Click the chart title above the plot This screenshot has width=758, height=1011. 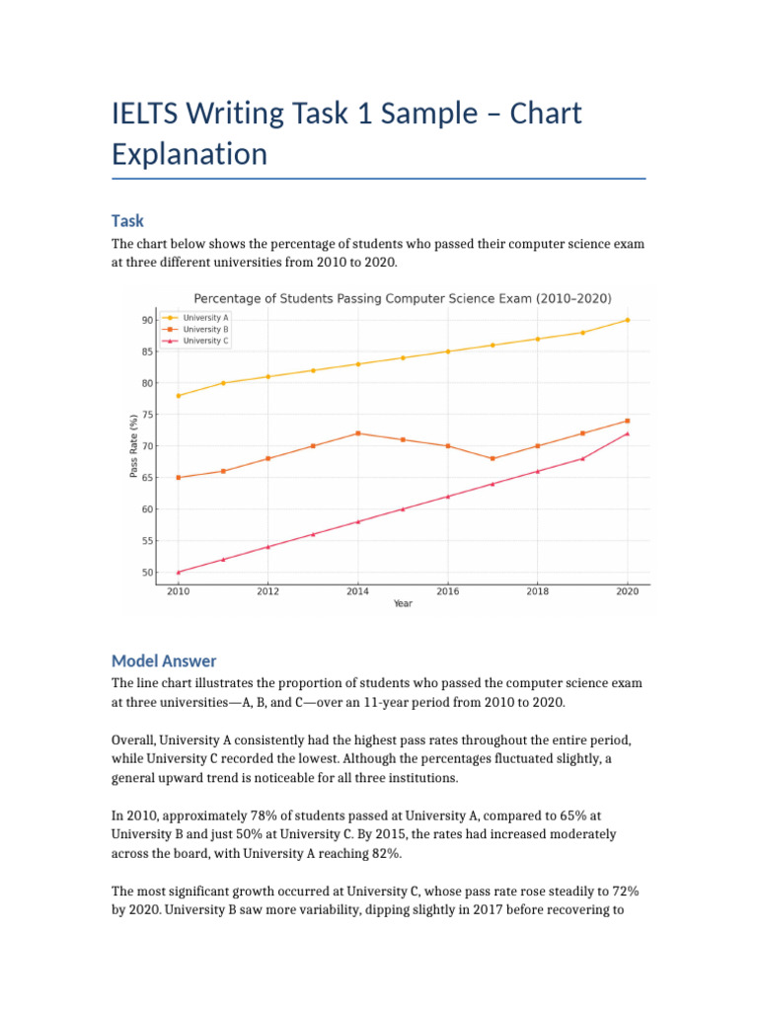pyautogui.click(x=402, y=298)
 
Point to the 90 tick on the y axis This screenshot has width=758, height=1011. pyautogui.click(x=147, y=320)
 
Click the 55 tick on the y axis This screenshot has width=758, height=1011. pyautogui.click(x=147, y=541)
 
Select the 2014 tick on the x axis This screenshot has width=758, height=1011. pyautogui.click(x=357, y=591)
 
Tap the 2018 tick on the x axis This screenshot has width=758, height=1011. pyautogui.click(x=537, y=591)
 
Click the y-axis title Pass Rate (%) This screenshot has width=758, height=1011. pyautogui.click(x=133, y=446)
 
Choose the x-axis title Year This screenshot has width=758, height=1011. pyautogui.click(x=403, y=603)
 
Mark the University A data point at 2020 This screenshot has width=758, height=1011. pyautogui.click(x=627, y=320)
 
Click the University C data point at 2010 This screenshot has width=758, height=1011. pyautogui.click(x=179, y=573)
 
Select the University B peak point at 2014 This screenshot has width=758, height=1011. pyautogui.click(x=357, y=433)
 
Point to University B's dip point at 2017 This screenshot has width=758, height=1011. pyautogui.click(x=493, y=458)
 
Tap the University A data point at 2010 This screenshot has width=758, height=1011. pyautogui.click(x=179, y=396)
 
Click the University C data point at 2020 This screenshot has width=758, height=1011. pyautogui.click(x=627, y=433)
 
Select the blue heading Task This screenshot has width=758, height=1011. pyautogui.click(x=127, y=221)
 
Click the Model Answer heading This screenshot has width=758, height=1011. pyautogui.click(x=163, y=661)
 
